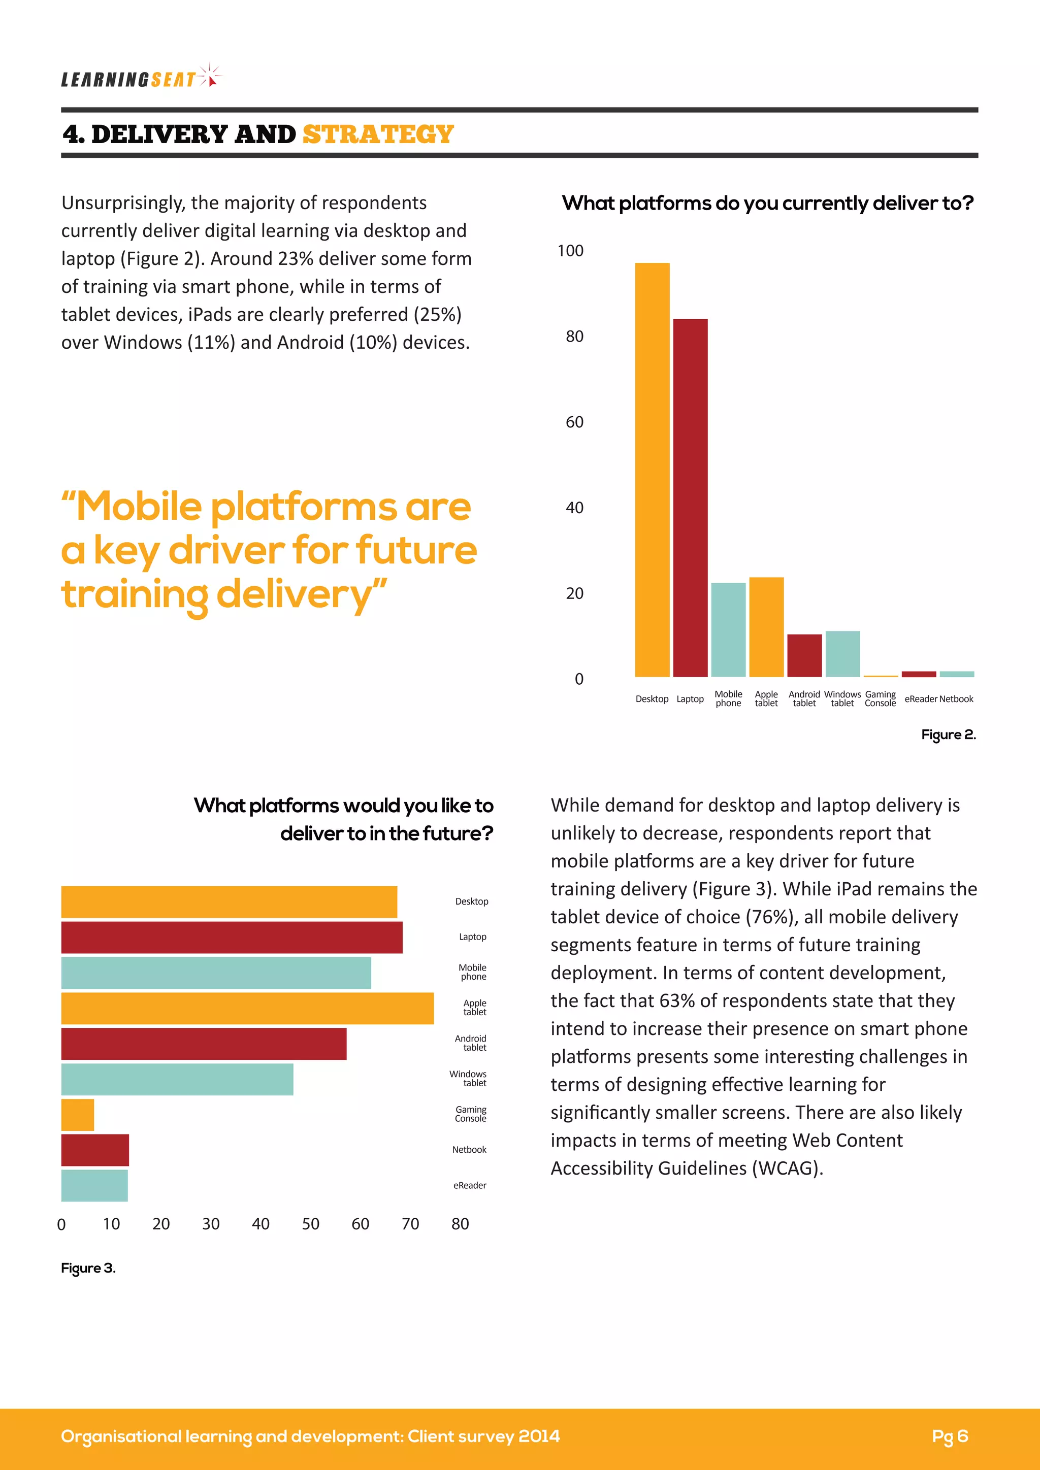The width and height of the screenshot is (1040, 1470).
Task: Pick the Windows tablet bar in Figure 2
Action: coord(842,654)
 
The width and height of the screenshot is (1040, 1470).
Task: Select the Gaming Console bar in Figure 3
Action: coord(78,1115)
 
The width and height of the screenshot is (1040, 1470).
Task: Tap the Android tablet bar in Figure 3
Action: coord(204,1044)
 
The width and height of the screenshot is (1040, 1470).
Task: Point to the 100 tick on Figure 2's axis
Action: coord(570,251)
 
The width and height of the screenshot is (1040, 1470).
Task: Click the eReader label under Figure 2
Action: coord(920,699)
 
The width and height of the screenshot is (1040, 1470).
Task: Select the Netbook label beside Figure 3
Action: coord(469,1150)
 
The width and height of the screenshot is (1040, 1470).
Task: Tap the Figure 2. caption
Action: coord(948,734)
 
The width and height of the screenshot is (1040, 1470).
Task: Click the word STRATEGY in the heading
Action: coord(378,135)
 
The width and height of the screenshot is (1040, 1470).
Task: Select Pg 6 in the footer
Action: coord(950,1436)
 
